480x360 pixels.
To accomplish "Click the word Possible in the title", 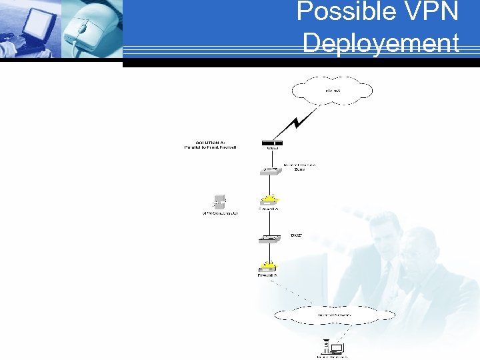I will (337, 12).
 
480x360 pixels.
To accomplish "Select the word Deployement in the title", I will (381, 43).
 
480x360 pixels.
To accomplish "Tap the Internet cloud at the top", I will (332, 91).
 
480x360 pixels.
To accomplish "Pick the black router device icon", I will (272, 143).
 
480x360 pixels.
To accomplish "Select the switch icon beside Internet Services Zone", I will (271, 171).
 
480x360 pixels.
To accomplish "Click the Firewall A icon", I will (269, 199).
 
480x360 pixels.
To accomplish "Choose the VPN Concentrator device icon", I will (219, 201).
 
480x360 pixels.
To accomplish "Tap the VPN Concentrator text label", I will (220, 213).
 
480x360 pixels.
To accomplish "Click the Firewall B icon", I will (269, 264).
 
